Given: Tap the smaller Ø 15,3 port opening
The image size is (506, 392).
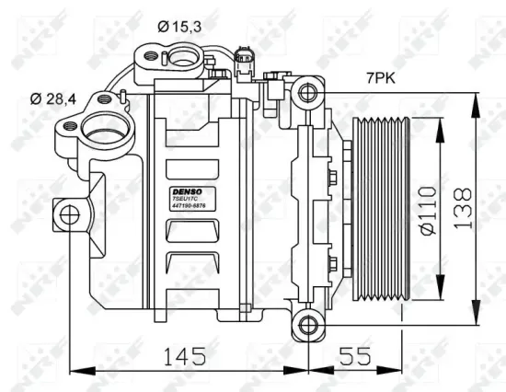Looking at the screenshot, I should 176,58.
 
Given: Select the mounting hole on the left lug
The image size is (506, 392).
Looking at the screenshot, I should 66,215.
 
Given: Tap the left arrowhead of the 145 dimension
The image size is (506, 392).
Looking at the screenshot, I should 75,371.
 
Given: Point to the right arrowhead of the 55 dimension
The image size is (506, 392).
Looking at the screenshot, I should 401,371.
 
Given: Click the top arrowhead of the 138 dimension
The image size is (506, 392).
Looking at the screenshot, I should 475,93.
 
